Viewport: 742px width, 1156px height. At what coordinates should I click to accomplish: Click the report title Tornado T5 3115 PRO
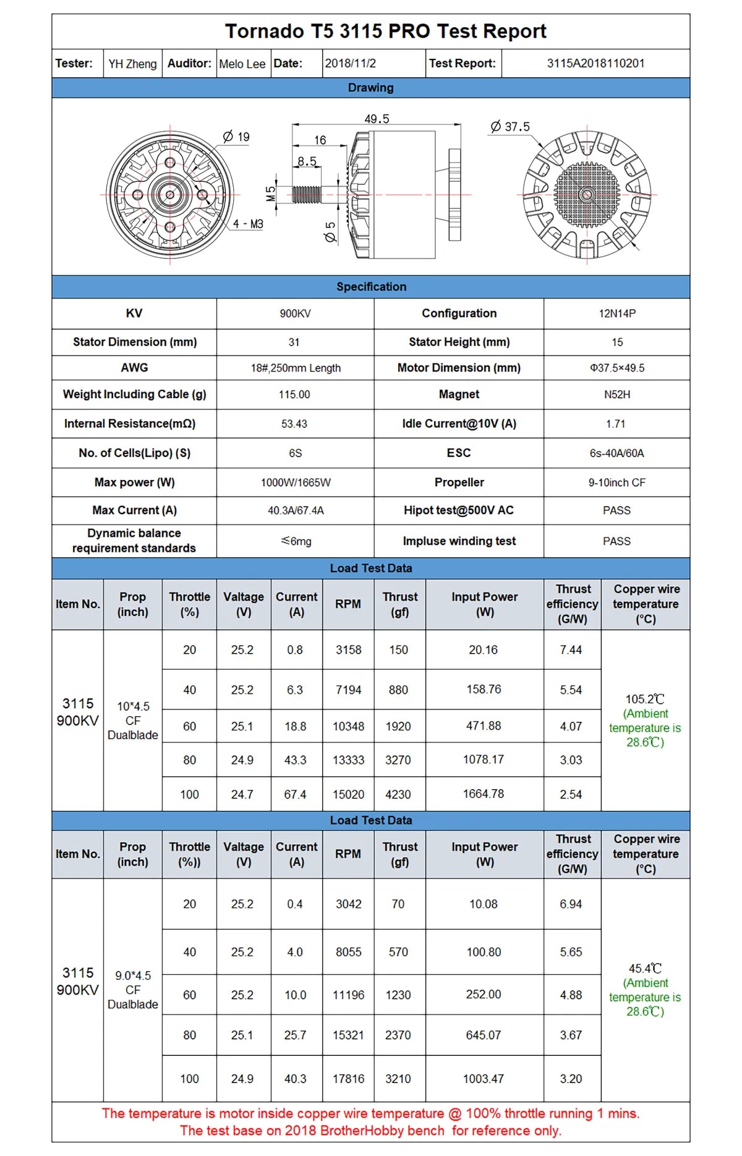coord(385,32)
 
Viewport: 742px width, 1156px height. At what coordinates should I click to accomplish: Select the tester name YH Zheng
coord(132,64)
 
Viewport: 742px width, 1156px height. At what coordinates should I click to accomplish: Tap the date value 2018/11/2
coord(350,64)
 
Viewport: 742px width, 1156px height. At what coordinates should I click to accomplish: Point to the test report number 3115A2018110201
coord(595,64)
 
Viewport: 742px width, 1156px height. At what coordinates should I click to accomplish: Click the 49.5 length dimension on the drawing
coord(377,119)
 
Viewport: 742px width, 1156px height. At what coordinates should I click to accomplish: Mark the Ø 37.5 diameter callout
coord(511,127)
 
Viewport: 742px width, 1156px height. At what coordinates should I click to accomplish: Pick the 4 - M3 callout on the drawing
coord(248,224)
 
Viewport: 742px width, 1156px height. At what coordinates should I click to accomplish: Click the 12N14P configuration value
coord(616,314)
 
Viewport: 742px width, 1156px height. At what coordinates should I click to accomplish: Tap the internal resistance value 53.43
coord(294,424)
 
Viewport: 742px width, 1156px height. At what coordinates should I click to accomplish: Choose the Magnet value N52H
coord(616,395)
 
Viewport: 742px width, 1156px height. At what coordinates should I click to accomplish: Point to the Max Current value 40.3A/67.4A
coord(295,510)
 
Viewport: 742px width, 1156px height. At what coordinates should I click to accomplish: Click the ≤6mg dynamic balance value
coord(296,541)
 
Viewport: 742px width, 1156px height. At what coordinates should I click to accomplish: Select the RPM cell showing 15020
coord(348,794)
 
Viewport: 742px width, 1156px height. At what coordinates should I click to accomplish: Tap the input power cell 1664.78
coord(484,794)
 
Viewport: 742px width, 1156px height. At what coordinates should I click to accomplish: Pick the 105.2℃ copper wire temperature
coord(644,699)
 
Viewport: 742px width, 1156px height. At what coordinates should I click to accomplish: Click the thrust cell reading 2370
coord(398,1035)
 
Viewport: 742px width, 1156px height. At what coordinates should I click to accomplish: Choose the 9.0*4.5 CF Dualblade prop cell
coord(132,990)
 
